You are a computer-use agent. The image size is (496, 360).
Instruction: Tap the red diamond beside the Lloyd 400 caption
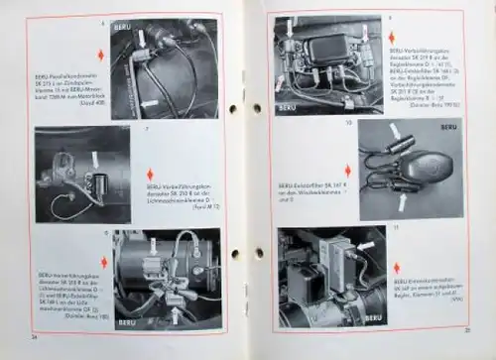tap(98, 54)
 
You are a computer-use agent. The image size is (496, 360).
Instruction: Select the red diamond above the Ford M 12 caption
tap(150, 174)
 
